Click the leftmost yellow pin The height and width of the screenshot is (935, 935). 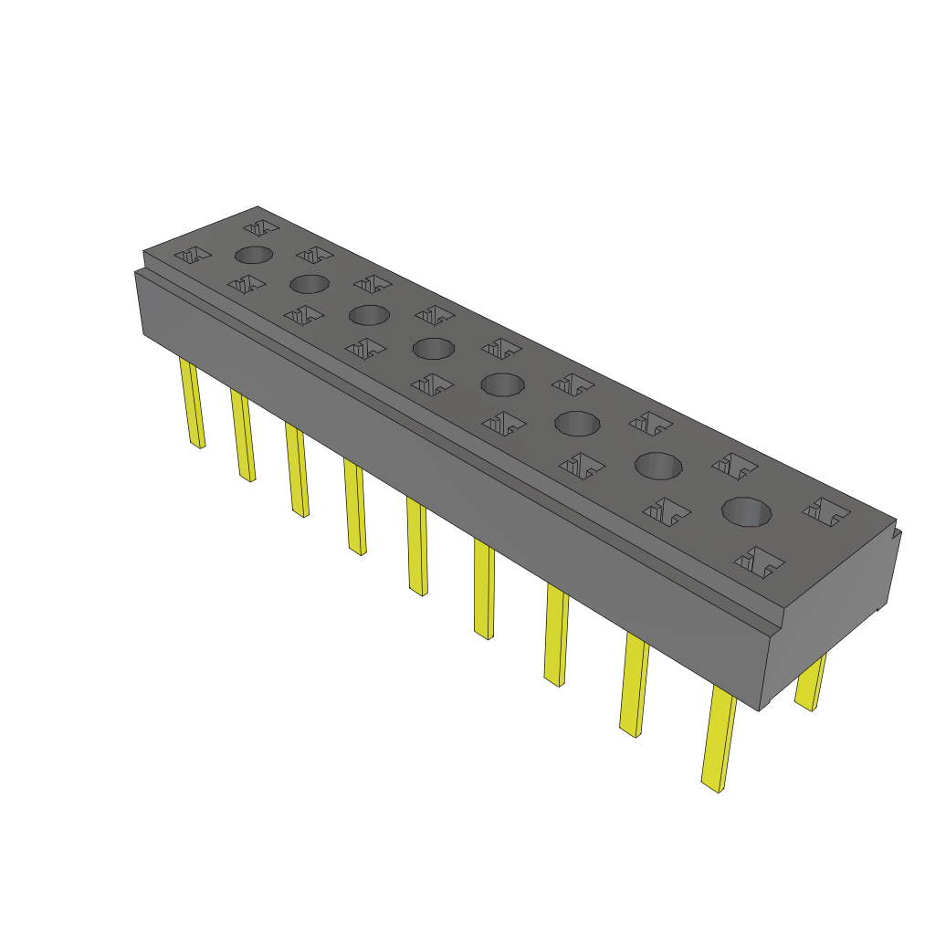(194, 404)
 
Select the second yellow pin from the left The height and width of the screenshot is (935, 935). (244, 436)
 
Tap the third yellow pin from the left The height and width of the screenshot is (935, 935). (297, 470)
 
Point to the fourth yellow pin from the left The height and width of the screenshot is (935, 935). (355, 508)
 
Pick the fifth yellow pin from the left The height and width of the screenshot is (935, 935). (416, 548)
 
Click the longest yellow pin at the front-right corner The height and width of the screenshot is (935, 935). (719, 740)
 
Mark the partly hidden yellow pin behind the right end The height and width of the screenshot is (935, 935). (810, 682)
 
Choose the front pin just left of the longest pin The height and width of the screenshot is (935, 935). (635, 687)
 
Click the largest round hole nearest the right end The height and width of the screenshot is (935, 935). (747, 512)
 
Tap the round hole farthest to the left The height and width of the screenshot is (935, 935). (254, 255)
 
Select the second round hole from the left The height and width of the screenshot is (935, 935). (310, 284)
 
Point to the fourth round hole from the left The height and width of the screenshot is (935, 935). (434, 348)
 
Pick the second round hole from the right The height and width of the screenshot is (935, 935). (659, 466)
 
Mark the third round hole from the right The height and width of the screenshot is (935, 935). (577, 423)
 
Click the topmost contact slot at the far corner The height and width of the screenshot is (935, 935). (259, 225)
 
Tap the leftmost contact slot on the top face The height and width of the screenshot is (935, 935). (193, 256)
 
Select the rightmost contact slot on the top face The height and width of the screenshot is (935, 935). (826, 512)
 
